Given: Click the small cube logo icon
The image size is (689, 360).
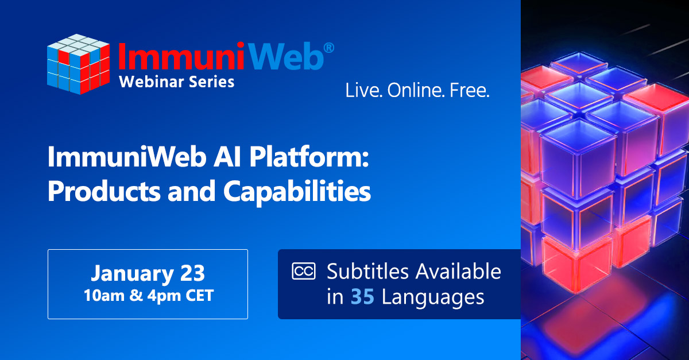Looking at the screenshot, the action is coord(79,64).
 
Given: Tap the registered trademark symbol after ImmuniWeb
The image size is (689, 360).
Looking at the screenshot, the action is coord(329,48).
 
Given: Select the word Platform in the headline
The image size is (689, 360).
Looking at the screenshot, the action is coord(309,157).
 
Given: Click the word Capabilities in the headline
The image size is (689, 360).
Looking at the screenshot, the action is coord(297,192).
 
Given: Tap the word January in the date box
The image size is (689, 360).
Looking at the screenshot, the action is coord(132,273).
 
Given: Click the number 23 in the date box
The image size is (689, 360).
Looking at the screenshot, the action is coord(192,273).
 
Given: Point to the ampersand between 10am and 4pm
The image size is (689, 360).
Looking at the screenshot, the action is coord(136,295).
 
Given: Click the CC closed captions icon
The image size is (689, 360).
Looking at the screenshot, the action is coord(304,272).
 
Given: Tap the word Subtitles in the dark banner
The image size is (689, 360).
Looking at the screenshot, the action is coord(367,272).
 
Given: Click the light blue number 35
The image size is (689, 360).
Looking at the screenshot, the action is coord(362,297).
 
